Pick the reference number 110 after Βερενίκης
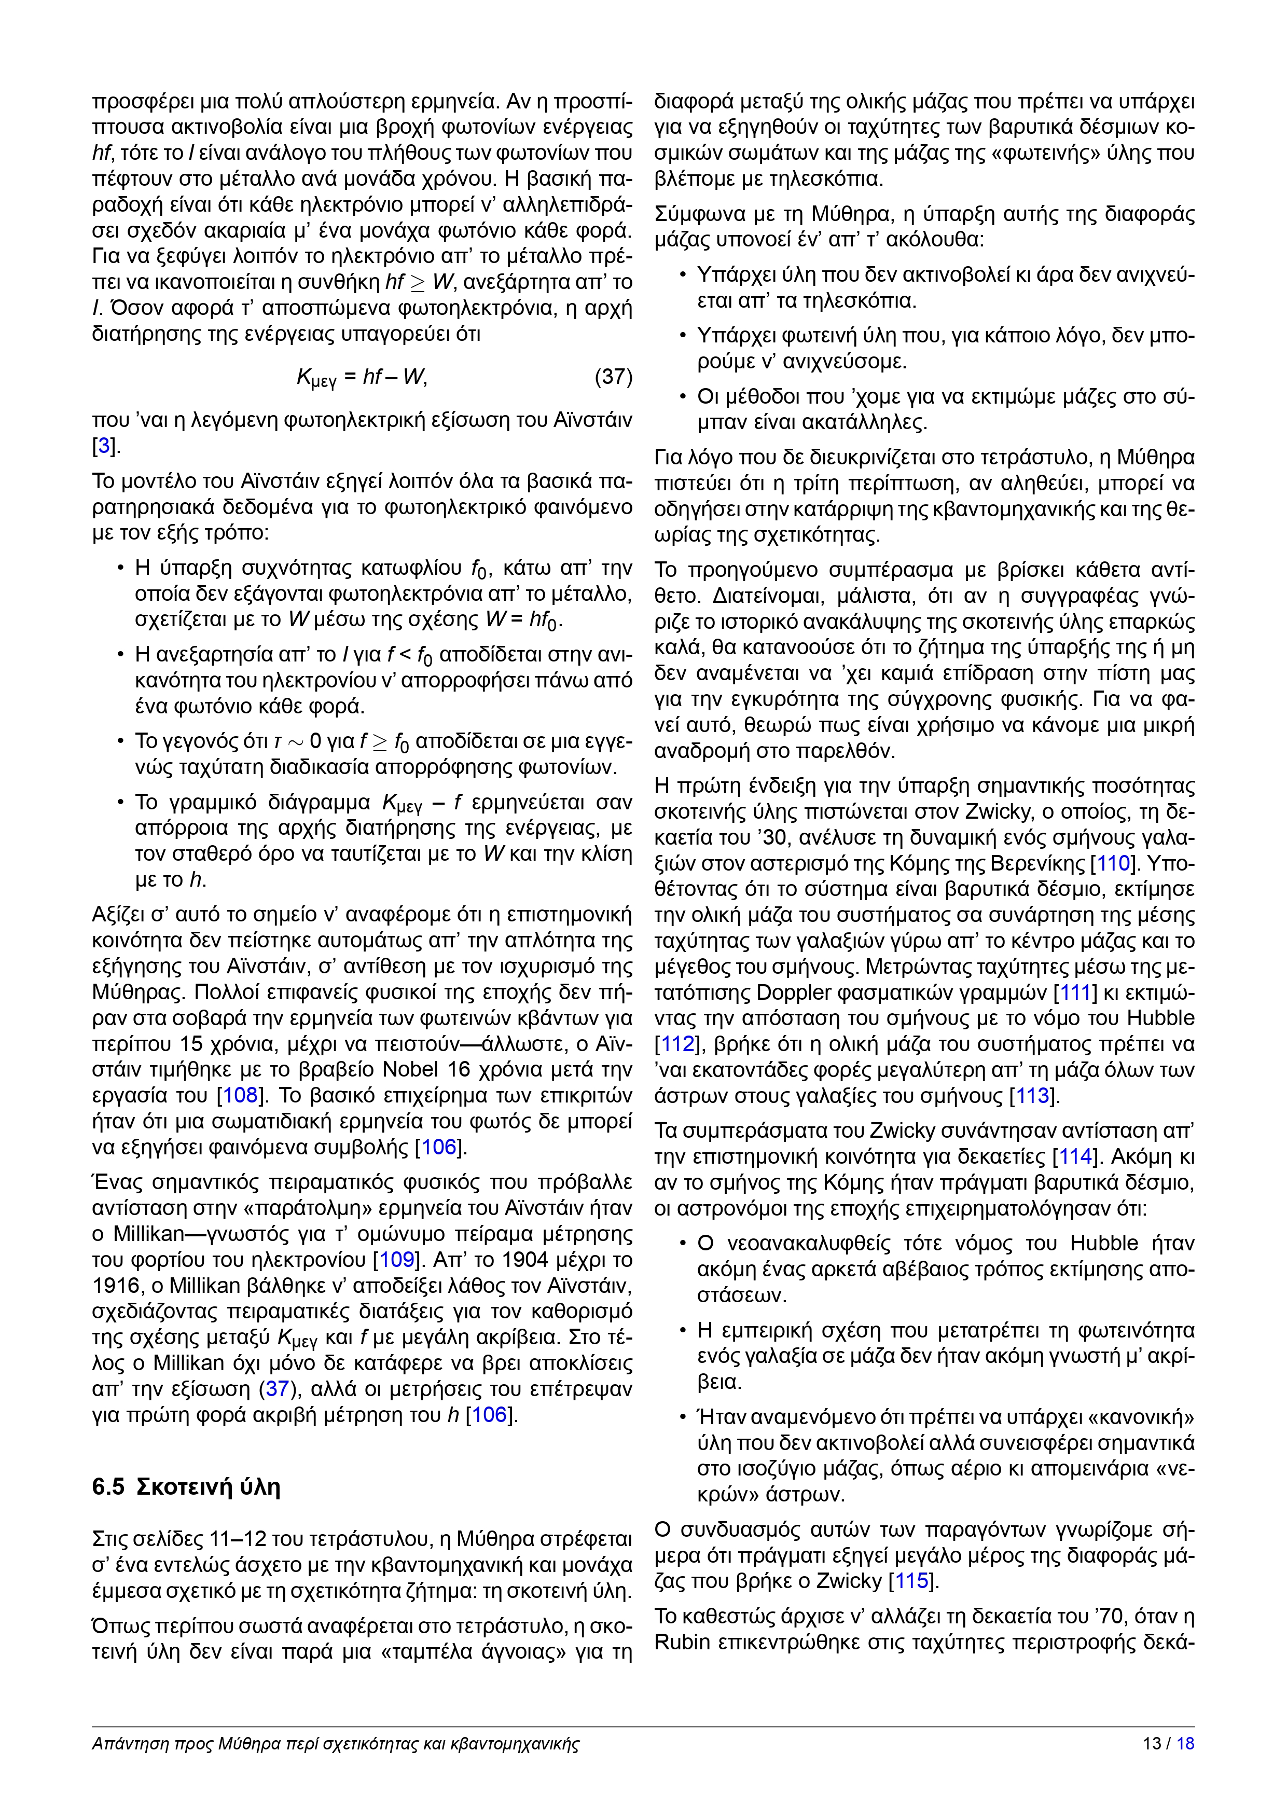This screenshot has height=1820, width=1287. tap(1113, 863)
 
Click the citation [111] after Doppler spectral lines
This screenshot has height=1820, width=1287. tap(1075, 992)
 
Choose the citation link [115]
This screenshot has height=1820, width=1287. tap(912, 1581)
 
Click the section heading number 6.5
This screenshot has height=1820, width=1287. tap(108, 1487)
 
